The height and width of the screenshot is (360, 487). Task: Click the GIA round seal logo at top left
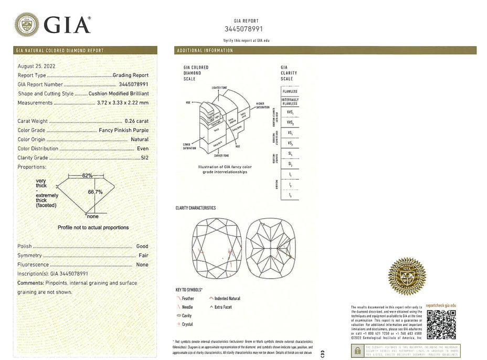(x=27, y=24)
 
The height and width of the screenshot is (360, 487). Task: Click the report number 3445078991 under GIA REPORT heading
(x=243, y=29)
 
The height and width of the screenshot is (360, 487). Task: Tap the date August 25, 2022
(x=36, y=66)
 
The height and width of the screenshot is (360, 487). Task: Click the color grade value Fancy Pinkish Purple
(x=123, y=130)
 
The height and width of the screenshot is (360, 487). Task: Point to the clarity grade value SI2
(x=143, y=157)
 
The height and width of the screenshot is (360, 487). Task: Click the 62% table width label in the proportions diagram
(x=87, y=175)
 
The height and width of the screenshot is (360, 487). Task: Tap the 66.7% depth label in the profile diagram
(x=95, y=192)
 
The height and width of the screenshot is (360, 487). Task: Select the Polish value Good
(x=142, y=246)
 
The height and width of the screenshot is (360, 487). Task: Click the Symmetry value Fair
(x=143, y=256)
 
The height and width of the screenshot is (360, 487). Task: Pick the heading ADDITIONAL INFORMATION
(x=205, y=50)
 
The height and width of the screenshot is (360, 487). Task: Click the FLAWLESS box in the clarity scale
(x=290, y=91)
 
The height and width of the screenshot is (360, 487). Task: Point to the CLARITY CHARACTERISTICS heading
(x=195, y=208)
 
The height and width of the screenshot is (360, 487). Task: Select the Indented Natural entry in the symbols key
(x=227, y=299)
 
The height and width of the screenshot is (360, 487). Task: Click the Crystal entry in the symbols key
(x=187, y=324)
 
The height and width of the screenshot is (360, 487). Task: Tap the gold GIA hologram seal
(x=407, y=276)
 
